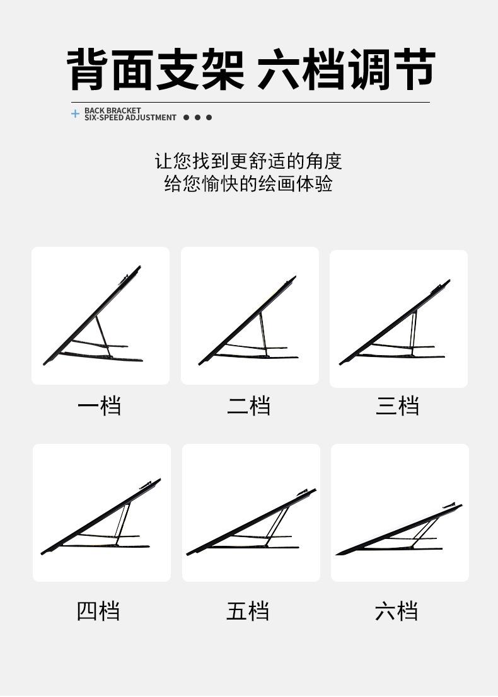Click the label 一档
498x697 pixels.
pyautogui.click(x=99, y=405)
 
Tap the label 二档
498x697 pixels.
pyautogui.click(x=248, y=405)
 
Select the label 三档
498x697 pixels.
pyautogui.click(x=397, y=405)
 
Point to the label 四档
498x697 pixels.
pyautogui.click(x=98, y=611)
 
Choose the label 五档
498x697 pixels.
pyautogui.click(x=248, y=611)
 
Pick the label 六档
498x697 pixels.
pyautogui.click(x=397, y=611)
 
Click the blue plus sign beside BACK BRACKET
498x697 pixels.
pyautogui.click(x=76, y=114)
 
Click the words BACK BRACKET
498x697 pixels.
pyautogui.click(x=112, y=110)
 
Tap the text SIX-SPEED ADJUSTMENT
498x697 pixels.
pyautogui.click(x=130, y=118)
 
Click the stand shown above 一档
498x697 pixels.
pyautogui.click(x=95, y=321)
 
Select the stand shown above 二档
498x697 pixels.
pyautogui.click(x=249, y=324)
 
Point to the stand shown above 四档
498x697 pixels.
pyautogui.click(x=101, y=519)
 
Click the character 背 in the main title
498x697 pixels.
pyautogui.click(x=89, y=69)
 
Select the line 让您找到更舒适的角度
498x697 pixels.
pyautogui.click(x=248, y=161)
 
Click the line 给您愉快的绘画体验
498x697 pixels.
pyautogui.click(x=248, y=184)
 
